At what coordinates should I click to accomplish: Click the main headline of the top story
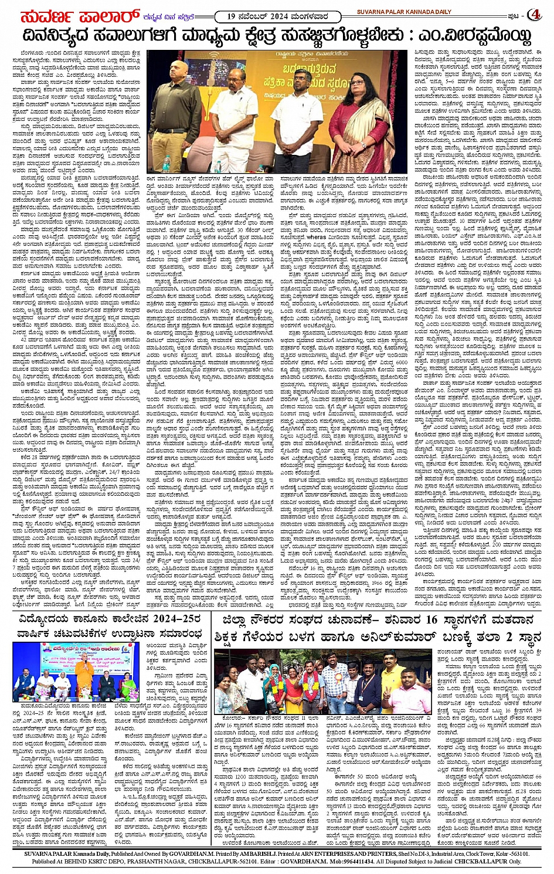(277, 37)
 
